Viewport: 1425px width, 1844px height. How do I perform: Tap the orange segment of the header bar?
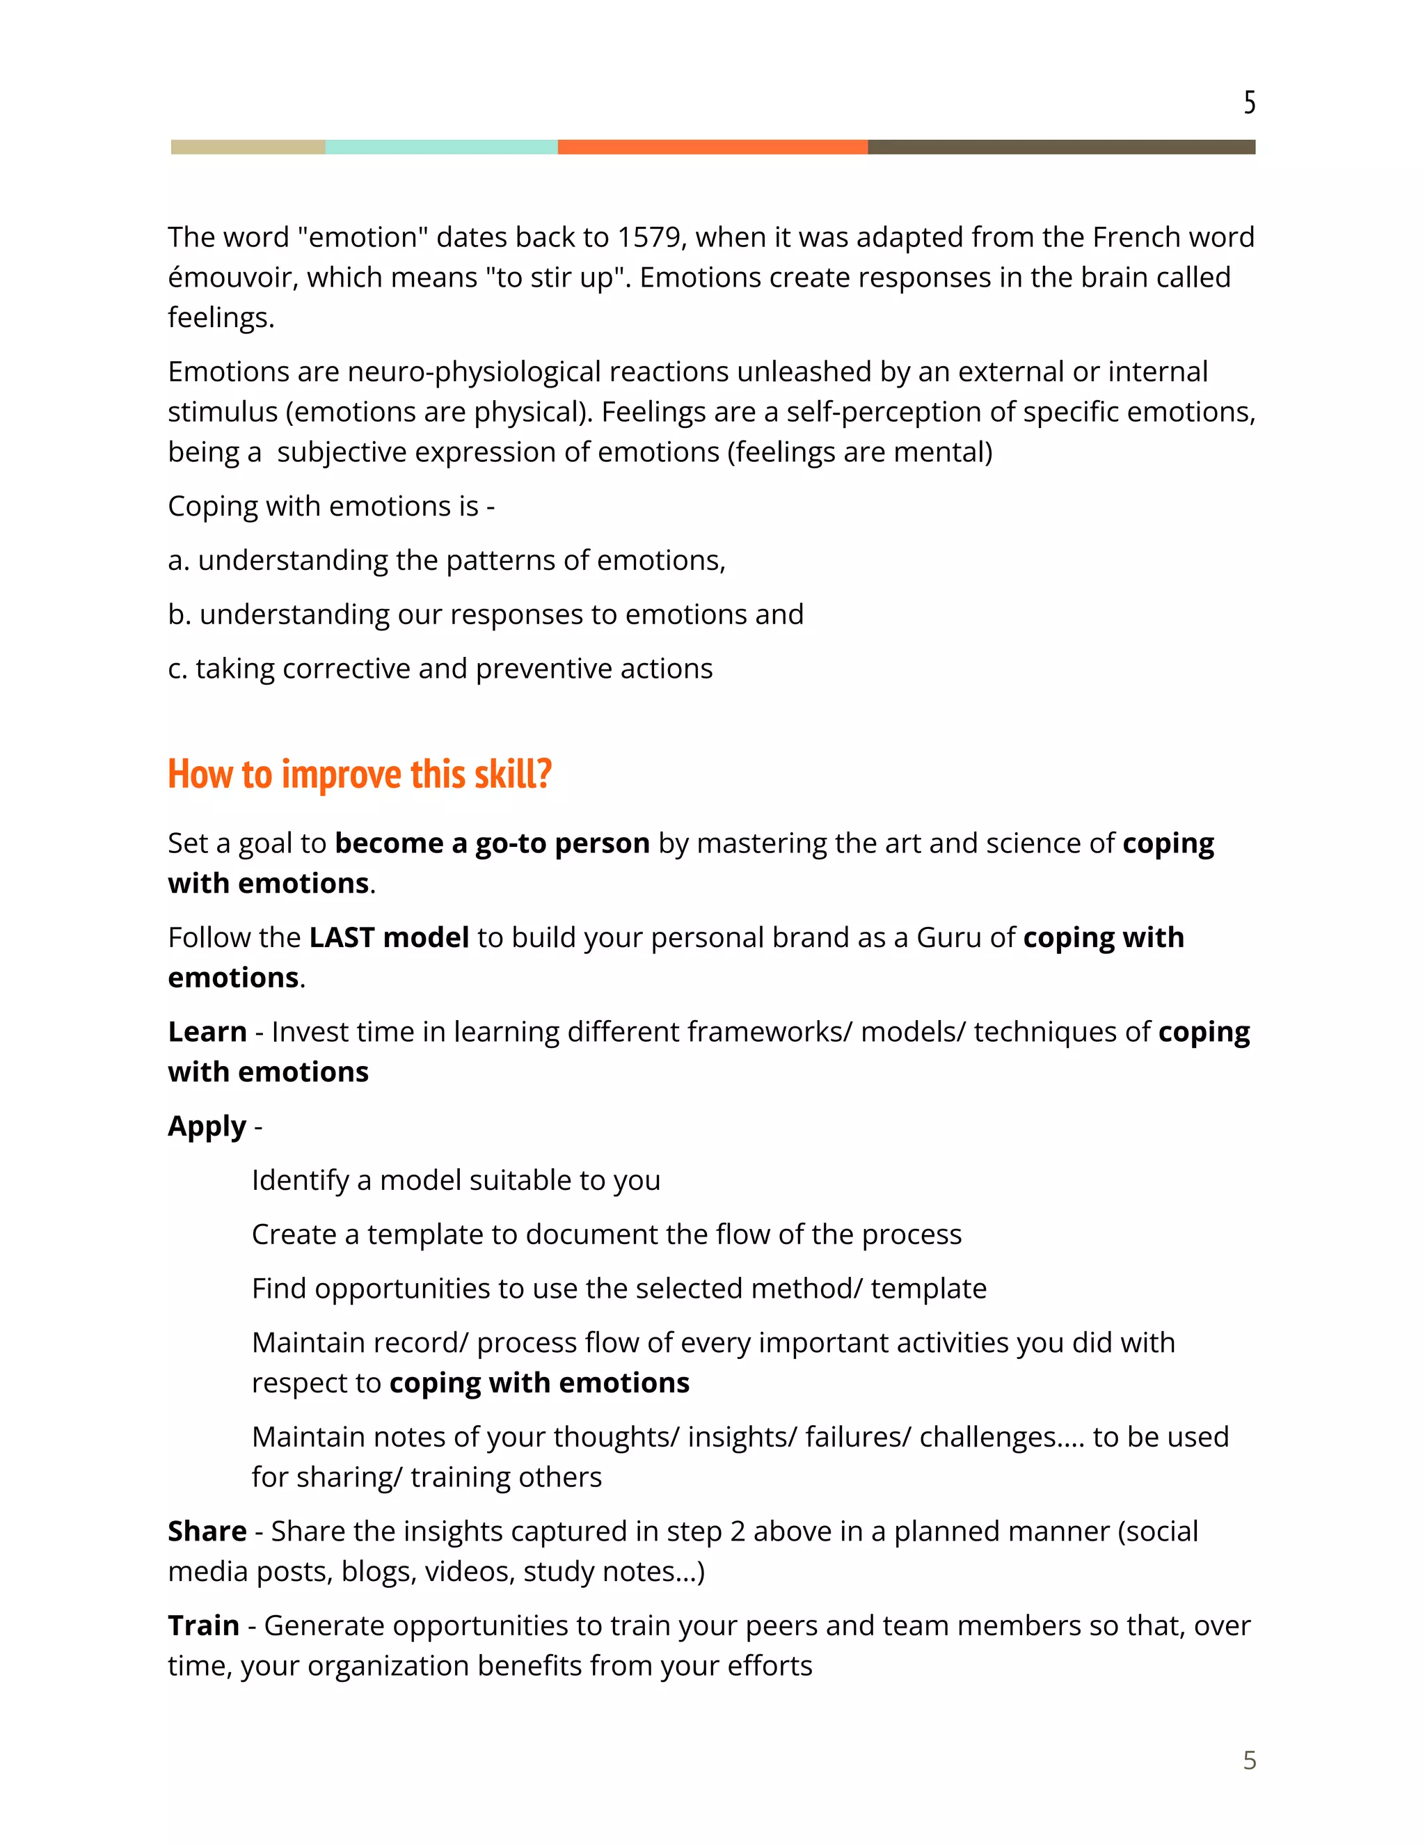(x=712, y=147)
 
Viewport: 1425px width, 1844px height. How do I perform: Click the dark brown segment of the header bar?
(x=1061, y=147)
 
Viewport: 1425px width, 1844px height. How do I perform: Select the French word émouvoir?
(x=232, y=278)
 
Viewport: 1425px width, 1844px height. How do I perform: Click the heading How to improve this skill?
(x=360, y=774)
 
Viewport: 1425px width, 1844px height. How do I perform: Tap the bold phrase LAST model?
(x=388, y=937)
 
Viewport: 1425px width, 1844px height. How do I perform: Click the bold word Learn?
(x=207, y=1032)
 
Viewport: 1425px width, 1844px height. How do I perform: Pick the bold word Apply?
(x=207, y=1127)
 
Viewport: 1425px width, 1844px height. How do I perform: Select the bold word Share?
(x=207, y=1531)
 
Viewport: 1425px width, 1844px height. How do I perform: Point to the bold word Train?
(x=203, y=1626)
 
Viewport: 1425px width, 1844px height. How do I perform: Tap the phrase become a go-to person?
(x=492, y=843)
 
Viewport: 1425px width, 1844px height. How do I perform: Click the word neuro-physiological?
(x=474, y=372)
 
